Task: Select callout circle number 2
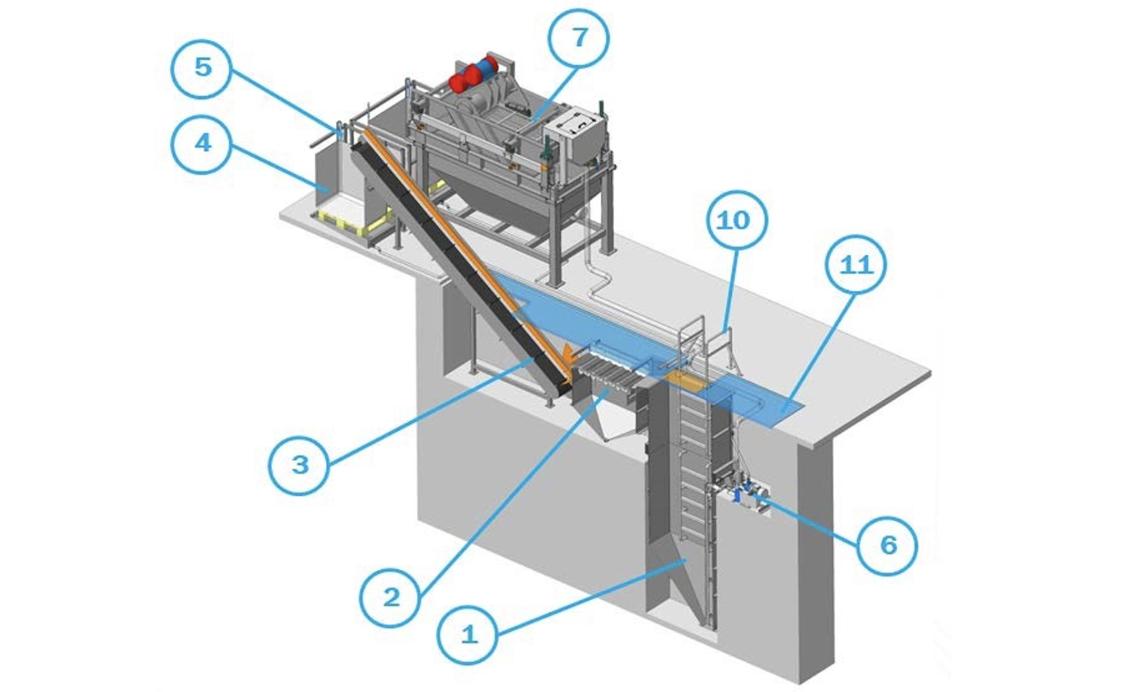391,597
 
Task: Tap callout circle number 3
300,464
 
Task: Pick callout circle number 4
202,143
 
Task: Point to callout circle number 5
202,67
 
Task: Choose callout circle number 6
888,545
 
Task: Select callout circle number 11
855,265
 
